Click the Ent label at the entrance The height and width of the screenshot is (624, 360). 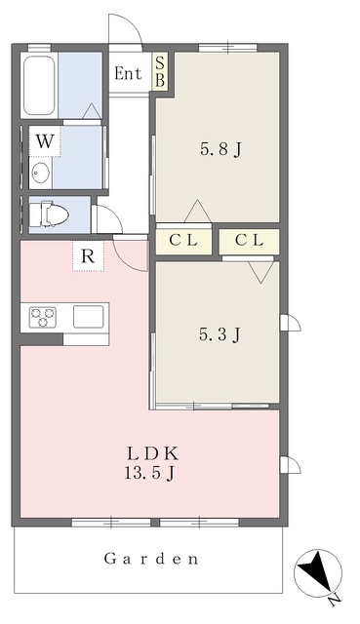click(128, 73)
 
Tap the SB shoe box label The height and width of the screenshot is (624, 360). click(160, 71)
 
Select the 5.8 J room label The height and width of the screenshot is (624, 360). click(220, 149)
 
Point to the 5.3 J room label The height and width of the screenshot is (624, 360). click(220, 334)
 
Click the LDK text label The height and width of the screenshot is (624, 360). click(151, 453)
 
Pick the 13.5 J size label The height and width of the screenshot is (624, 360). click(149, 473)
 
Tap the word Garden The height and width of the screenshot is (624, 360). click(151, 559)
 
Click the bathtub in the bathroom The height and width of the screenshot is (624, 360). click(39, 85)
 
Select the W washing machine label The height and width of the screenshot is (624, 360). click(45, 141)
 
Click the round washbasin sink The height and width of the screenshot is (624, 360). click(40, 174)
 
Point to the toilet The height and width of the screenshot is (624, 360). click(49, 214)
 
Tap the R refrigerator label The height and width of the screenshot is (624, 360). click(88, 256)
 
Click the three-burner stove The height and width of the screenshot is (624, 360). click(43, 317)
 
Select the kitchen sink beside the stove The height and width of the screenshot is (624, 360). click(89, 317)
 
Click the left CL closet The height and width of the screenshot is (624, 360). click(183, 241)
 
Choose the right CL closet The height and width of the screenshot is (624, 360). click(249, 241)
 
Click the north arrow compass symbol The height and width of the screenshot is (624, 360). click(317, 573)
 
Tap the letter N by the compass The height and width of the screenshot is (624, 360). click(336, 601)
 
